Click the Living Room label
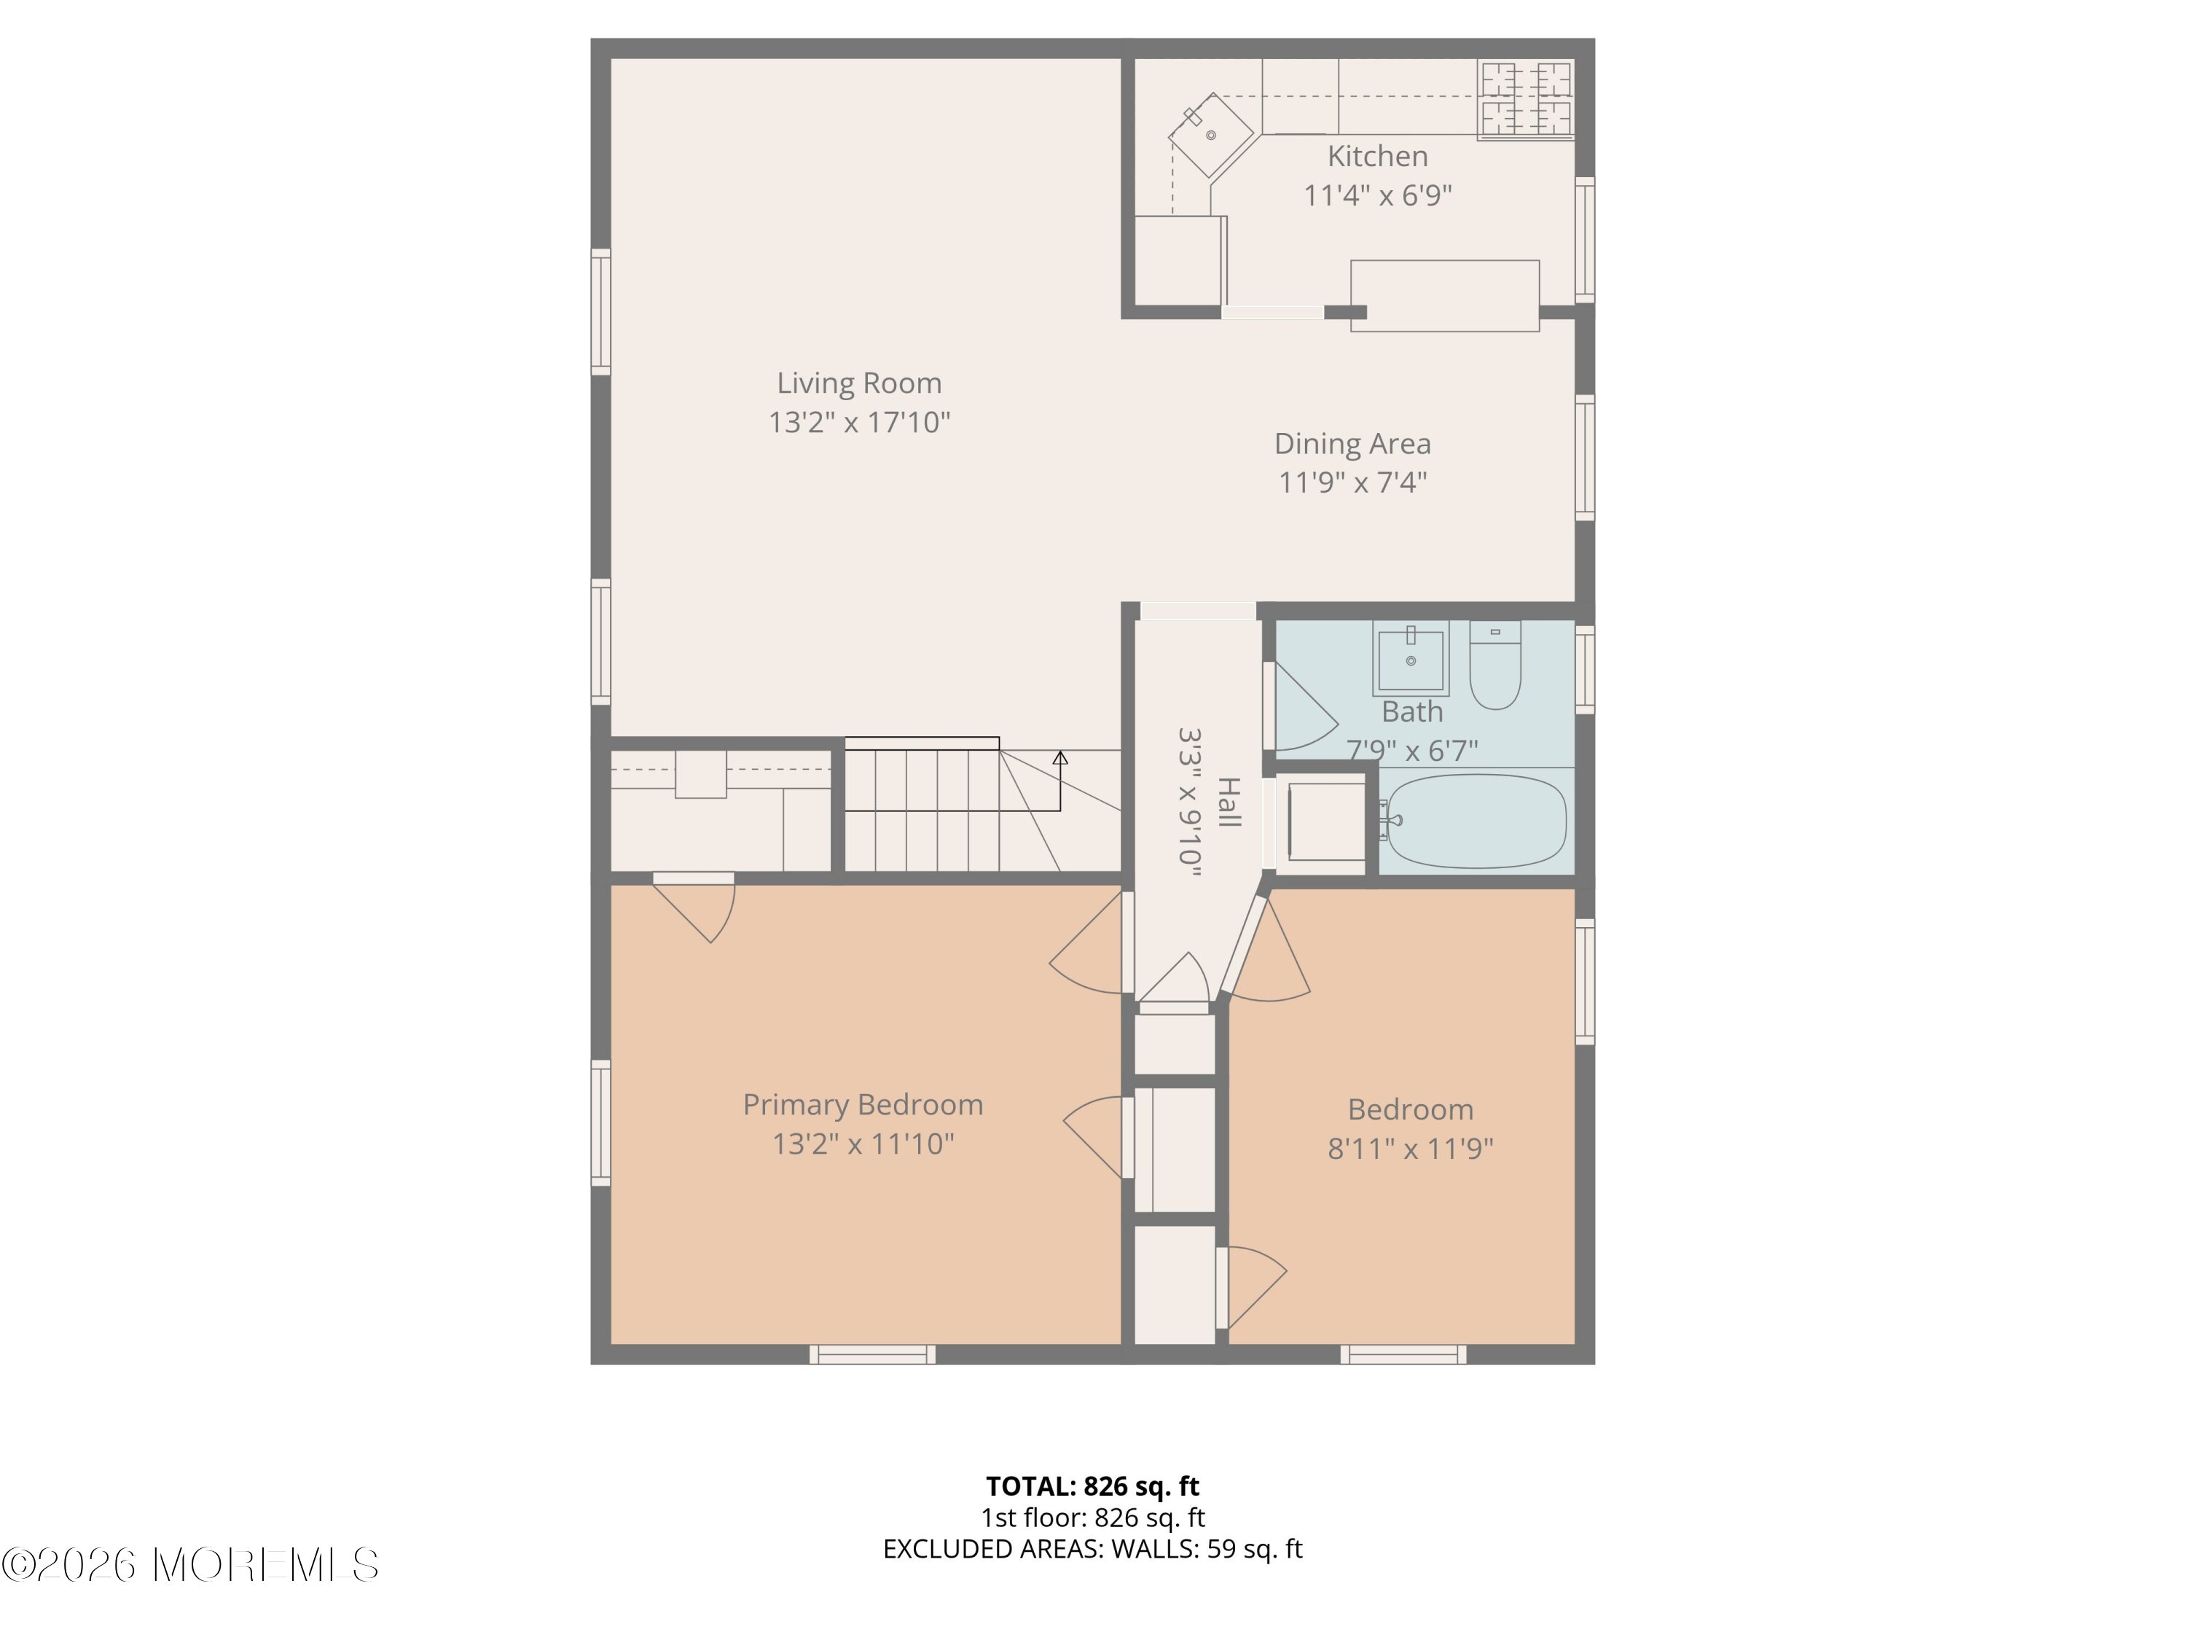pyautogui.click(x=859, y=383)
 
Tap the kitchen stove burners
pyautogui.click(x=1526, y=100)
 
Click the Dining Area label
pyautogui.click(x=1352, y=444)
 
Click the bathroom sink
pyautogui.click(x=1410, y=658)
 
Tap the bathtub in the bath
pyautogui.click(x=1476, y=821)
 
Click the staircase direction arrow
pyautogui.click(x=1060, y=781)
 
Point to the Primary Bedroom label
pyautogui.click(x=863, y=1104)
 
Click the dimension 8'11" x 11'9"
pyautogui.click(x=1410, y=1149)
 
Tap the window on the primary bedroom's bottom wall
pyautogui.click(x=873, y=1354)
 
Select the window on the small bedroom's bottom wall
pyautogui.click(x=1403, y=1354)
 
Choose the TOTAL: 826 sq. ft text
pyautogui.click(x=1093, y=1485)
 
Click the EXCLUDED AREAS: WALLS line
pyautogui.click(x=1093, y=1549)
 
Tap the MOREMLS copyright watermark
pyautogui.click(x=189, y=1565)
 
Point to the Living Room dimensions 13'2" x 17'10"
pyautogui.click(x=859, y=423)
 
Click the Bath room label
pyautogui.click(x=1411, y=711)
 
